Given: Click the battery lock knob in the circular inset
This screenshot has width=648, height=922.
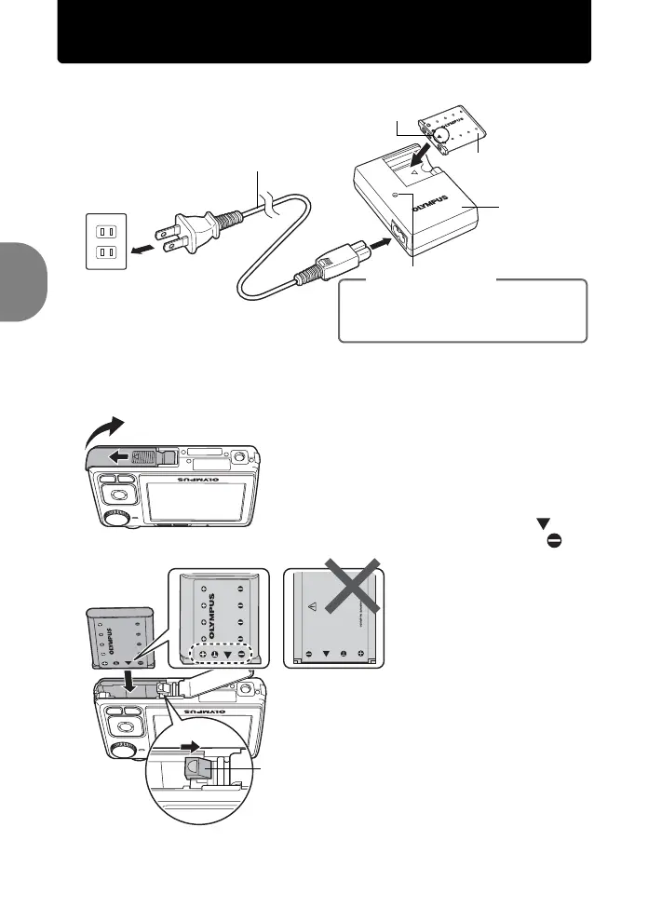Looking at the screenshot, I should pos(198,767).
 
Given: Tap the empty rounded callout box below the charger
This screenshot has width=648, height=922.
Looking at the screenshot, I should pos(463,311).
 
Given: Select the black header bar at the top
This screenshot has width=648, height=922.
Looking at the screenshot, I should pos(324,33).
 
